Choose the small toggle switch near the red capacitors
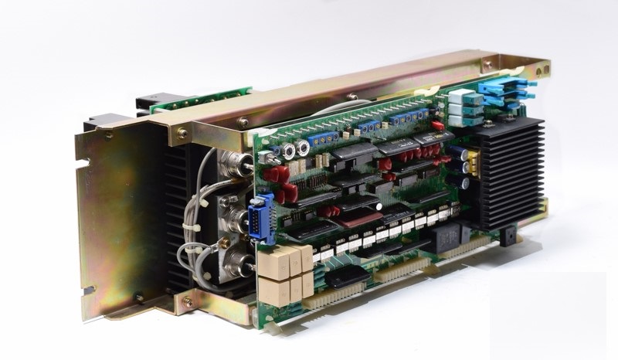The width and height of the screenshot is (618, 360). [273, 158]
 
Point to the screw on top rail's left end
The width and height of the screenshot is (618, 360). [182, 133]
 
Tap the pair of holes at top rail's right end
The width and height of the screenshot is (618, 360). [487, 63]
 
